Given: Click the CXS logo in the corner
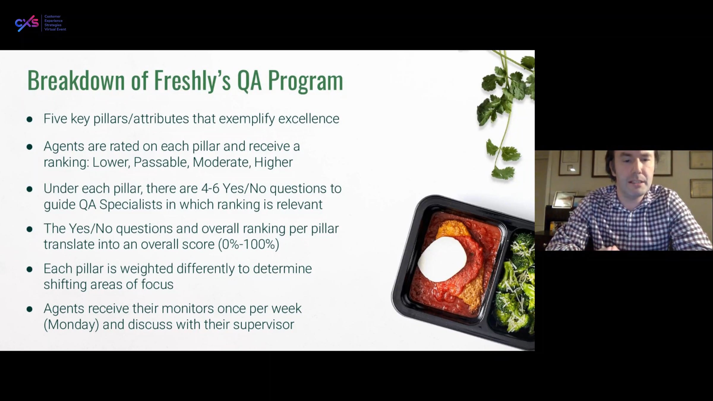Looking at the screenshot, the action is pos(27,23).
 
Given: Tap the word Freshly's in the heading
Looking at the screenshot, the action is pos(192,80).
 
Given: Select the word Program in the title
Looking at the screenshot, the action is pos(305,81).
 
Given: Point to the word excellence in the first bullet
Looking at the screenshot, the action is pos(309,119).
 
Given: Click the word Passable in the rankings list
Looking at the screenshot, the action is pos(161,162).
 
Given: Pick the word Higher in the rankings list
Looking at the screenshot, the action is pos(274,162).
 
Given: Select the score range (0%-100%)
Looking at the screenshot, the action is pos(249,244).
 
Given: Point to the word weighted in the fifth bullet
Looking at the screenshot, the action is pos(146,269).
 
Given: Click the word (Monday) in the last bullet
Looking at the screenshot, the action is pos(71,324).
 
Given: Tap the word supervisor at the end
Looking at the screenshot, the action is pos(264,324).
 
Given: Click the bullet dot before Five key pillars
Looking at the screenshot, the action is pos(29,119).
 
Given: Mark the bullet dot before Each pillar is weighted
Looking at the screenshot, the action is pos(29,269).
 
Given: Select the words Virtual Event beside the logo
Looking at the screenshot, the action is pos(55,29).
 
